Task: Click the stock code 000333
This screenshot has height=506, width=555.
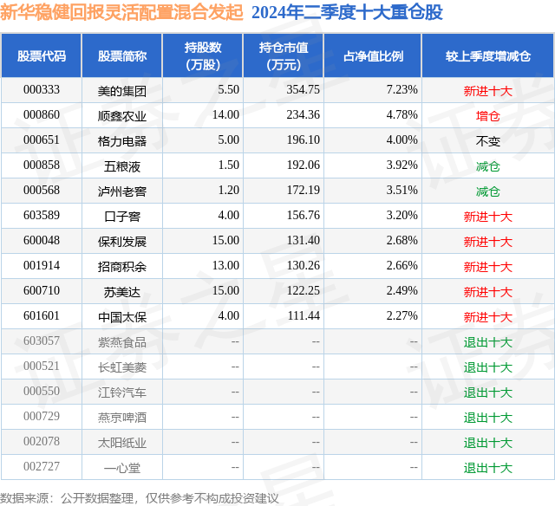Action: coord(42,89)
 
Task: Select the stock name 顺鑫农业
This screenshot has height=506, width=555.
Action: coord(122,114)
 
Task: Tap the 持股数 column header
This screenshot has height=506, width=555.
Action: coord(203,55)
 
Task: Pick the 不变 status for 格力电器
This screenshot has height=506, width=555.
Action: coord(488,140)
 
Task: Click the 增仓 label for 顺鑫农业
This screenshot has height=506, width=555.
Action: coord(488,114)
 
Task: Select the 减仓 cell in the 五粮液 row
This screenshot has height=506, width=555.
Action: coord(488,165)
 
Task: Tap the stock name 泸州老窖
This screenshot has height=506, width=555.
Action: coord(122,191)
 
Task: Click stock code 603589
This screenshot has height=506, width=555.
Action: coord(42,216)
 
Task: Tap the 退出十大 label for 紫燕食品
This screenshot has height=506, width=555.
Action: coord(488,341)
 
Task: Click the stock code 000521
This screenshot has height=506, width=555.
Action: coord(42,367)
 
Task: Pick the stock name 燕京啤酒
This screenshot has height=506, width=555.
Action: coord(122,417)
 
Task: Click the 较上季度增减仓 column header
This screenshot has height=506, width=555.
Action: coord(488,55)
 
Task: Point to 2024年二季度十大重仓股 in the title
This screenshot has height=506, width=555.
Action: coord(347,12)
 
